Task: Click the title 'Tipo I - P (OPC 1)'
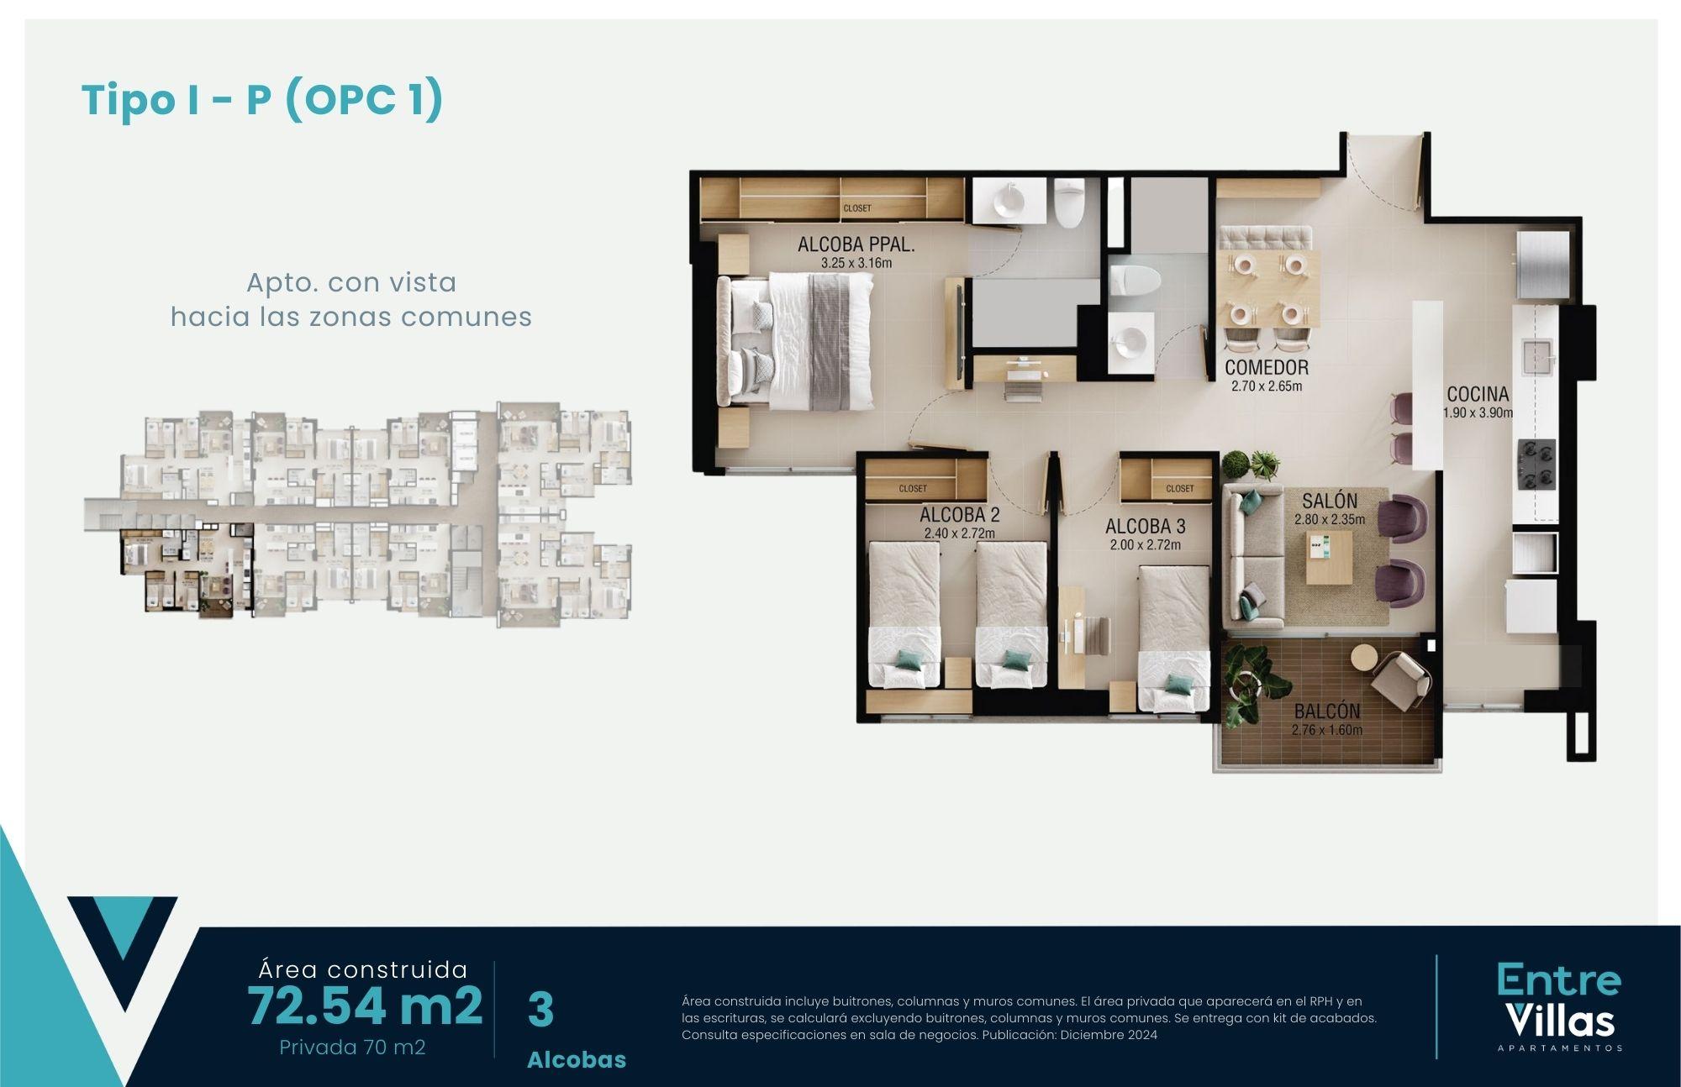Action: (x=261, y=101)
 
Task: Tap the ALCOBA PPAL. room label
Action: (x=856, y=244)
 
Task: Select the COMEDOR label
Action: (x=1266, y=367)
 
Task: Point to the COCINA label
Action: (x=1478, y=393)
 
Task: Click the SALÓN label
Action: (x=1330, y=501)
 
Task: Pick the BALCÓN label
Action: (x=1327, y=712)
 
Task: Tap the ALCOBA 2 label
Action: (x=959, y=514)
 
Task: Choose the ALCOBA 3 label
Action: (x=1145, y=526)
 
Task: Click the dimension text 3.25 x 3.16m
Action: (x=856, y=263)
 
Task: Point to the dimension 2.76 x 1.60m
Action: (x=1327, y=730)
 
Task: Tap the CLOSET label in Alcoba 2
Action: (x=913, y=488)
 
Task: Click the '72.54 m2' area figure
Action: (x=365, y=1006)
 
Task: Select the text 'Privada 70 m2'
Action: (x=352, y=1048)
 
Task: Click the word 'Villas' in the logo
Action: (x=1560, y=1021)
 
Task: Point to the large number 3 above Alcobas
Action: (x=540, y=1010)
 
